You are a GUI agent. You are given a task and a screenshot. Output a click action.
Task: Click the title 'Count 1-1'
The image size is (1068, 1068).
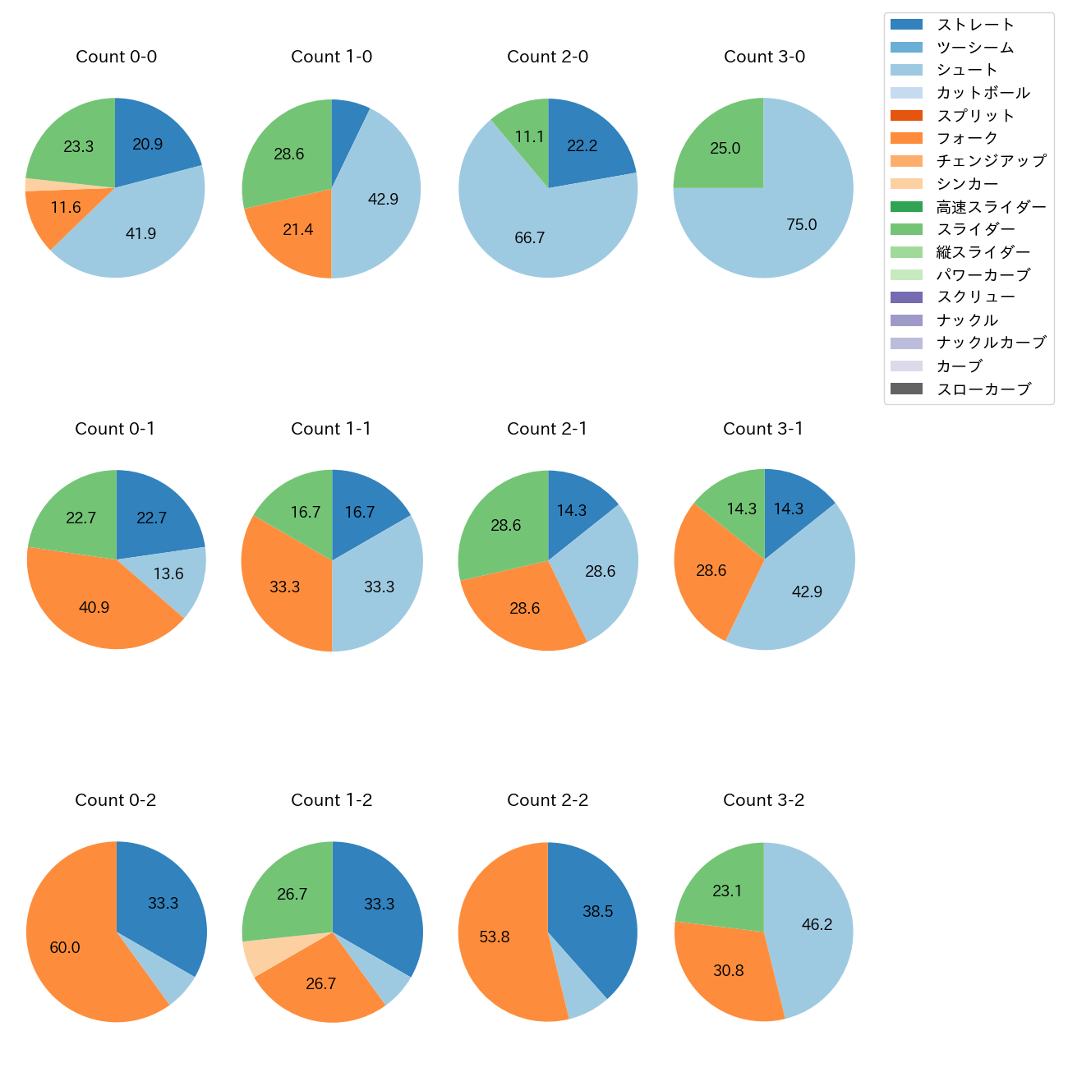(x=331, y=429)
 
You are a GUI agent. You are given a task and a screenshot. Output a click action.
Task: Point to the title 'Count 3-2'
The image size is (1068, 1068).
(x=763, y=800)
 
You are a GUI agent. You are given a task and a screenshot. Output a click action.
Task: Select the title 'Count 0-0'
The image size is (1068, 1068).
(x=116, y=57)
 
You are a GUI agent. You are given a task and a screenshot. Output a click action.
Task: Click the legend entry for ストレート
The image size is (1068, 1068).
(x=975, y=25)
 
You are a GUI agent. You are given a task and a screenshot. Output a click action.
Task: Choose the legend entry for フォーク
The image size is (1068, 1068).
(x=967, y=138)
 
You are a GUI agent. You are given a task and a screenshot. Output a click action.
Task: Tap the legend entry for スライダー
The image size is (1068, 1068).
(x=975, y=229)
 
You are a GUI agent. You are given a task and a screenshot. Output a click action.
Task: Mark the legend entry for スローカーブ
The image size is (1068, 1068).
(x=983, y=389)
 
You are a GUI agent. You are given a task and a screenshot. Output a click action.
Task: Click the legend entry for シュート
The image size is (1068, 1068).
(x=967, y=70)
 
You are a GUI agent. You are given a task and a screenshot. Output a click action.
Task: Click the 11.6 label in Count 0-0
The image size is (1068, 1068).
(x=66, y=207)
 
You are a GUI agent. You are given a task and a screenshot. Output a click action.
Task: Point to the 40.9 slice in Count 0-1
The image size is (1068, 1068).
(x=94, y=607)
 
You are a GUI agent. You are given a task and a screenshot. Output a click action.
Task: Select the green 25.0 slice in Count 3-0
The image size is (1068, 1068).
(x=725, y=148)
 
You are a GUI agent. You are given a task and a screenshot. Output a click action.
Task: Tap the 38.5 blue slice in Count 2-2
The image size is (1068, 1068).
(x=597, y=911)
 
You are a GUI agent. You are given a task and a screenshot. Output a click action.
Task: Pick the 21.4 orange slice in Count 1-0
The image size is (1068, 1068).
(x=298, y=230)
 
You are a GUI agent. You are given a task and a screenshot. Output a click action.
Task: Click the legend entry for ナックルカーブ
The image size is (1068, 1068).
(x=991, y=343)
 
